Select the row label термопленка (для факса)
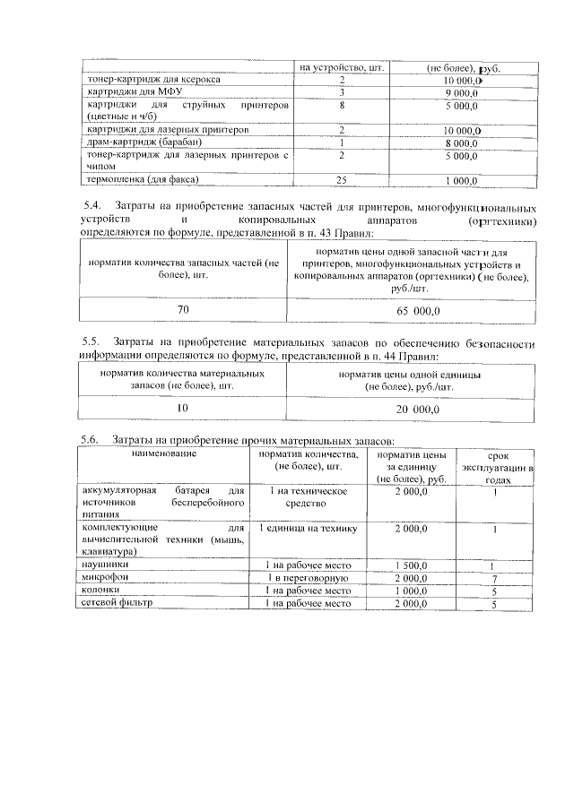point(135,179)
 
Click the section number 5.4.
point(90,206)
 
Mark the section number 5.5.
point(90,342)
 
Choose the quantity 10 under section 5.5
point(183,408)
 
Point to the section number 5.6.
point(90,440)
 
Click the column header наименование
point(161,454)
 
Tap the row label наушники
point(104,565)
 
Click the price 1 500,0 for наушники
point(412,566)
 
